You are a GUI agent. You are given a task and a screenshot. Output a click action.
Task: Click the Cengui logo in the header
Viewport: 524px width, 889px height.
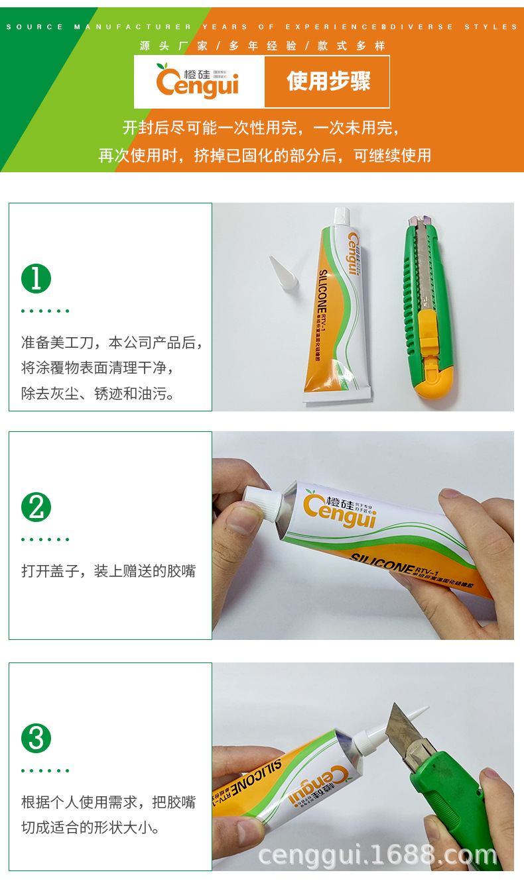(198, 81)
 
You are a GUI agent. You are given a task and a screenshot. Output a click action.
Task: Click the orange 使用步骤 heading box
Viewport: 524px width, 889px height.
(327, 81)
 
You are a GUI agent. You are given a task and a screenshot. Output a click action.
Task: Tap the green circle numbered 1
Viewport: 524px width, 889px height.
(36, 278)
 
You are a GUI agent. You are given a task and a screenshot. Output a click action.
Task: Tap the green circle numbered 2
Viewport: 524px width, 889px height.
(36, 507)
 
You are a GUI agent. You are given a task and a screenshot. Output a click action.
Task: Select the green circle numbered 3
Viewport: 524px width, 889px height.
(36, 738)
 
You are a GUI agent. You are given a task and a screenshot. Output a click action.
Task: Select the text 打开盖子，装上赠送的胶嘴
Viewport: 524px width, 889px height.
(109, 570)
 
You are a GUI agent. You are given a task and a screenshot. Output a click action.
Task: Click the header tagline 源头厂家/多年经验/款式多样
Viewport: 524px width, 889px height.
(262, 46)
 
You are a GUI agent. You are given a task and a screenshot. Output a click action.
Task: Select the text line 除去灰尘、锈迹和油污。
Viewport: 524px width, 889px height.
(99, 394)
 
